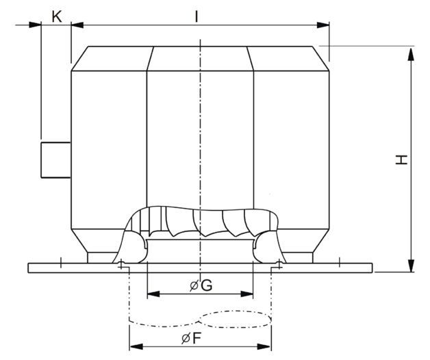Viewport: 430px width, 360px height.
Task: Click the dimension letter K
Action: (57, 17)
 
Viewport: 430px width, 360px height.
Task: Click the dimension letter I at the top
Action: (196, 16)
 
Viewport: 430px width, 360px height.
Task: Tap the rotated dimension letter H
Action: (401, 159)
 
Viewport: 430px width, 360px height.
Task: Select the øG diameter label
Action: (201, 285)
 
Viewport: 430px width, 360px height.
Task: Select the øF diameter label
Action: (192, 338)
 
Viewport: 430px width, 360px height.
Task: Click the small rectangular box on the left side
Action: (56, 160)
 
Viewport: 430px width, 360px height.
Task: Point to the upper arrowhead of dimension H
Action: (411, 54)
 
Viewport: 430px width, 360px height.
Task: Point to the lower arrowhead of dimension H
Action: (411, 266)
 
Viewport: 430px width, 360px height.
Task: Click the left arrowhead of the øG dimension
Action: (153, 294)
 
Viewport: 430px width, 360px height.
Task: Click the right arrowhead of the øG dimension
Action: (246, 294)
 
